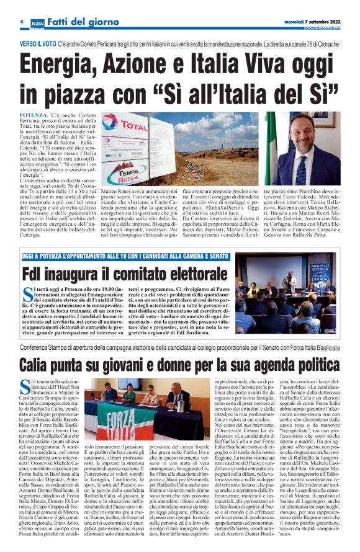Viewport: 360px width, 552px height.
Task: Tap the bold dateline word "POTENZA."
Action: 38,115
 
